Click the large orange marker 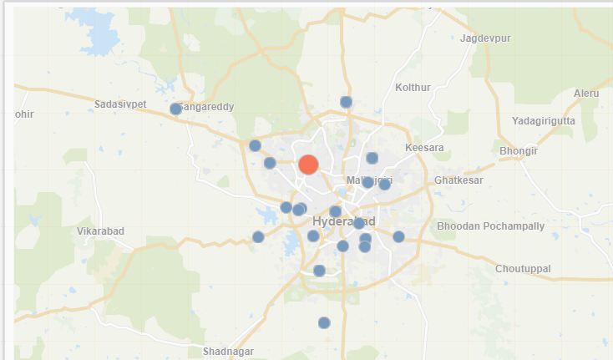pos(308,165)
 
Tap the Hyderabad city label pos(343,221)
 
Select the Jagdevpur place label pos(484,38)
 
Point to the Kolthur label pos(413,87)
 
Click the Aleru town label pos(586,93)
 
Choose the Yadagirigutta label pos(543,120)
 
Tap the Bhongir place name pos(518,151)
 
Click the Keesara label pos(424,148)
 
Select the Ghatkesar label pos(458,180)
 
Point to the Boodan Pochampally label pos(490,226)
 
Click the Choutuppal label pos(523,269)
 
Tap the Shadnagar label pos(228,352)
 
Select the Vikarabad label pos(100,231)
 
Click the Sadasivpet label pos(120,104)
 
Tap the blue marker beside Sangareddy pos(175,109)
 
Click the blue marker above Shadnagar pos(324,322)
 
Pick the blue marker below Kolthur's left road pos(346,102)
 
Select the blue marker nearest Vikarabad pos(258,236)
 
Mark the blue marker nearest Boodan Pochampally pos(398,236)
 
